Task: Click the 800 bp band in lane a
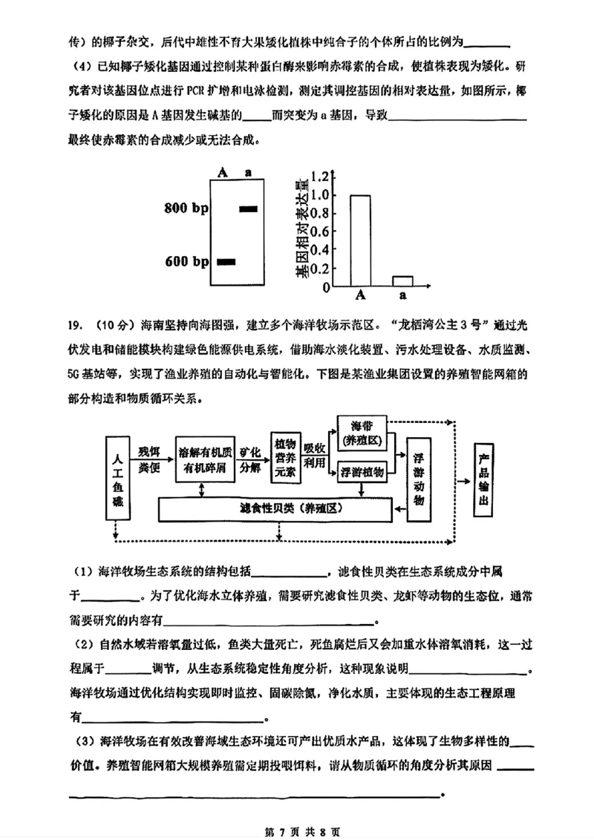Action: pos(247,209)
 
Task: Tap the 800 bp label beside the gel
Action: pos(186,209)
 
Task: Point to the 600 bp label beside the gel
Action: pos(186,262)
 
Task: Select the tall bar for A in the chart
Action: pos(360,240)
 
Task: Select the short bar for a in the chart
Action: pos(402,281)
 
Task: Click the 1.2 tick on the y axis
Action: pos(319,177)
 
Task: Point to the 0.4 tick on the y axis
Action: pos(319,250)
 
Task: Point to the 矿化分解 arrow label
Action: pos(250,459)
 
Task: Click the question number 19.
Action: pos(74,324)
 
